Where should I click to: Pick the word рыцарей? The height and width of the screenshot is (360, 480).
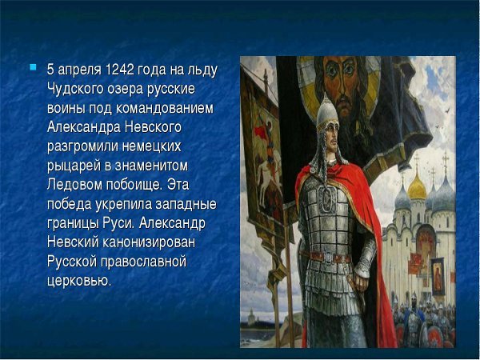[75, 166]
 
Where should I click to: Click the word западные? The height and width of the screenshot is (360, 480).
[184, 204]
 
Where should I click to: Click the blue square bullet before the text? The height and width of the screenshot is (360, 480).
[33, 67]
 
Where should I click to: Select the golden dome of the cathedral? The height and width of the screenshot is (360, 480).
[418, 186]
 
